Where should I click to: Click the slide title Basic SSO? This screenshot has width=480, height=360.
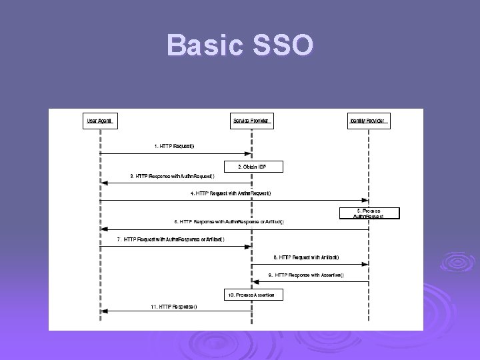tap(240, 45)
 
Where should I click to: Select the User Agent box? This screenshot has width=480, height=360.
tap(99, 121)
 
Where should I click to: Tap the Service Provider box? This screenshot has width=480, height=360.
tap(251, 121)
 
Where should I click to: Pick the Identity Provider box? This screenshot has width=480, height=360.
tap(369, 121)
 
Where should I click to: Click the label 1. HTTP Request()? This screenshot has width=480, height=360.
tap(174, 145)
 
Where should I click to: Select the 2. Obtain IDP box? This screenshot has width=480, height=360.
tap(251, 165)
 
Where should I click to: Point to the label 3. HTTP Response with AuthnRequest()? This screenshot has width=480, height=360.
tap(172, 176)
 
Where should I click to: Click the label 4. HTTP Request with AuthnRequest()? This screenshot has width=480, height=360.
tap(230, 193)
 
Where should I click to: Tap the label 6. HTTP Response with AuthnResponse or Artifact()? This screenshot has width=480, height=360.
tap(229, 222)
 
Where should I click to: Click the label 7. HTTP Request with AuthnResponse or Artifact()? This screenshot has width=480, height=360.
tap(171, 239)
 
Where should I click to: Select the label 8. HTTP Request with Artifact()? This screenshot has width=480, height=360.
tap(306, 257)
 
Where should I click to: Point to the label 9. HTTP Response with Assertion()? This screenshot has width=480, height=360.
tap(306, 275)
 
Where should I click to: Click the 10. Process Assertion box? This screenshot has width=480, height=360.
tap(251, 294)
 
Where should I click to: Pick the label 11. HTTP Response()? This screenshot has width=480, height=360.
tap(173, 307)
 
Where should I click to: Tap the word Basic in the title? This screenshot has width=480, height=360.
tap(204, 45)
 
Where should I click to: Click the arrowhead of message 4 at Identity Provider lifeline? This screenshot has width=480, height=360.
tap(365, 200)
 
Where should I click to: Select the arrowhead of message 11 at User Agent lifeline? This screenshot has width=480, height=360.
tap(103, 311)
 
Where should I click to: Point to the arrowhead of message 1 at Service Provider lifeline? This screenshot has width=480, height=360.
tap(248, 153)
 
